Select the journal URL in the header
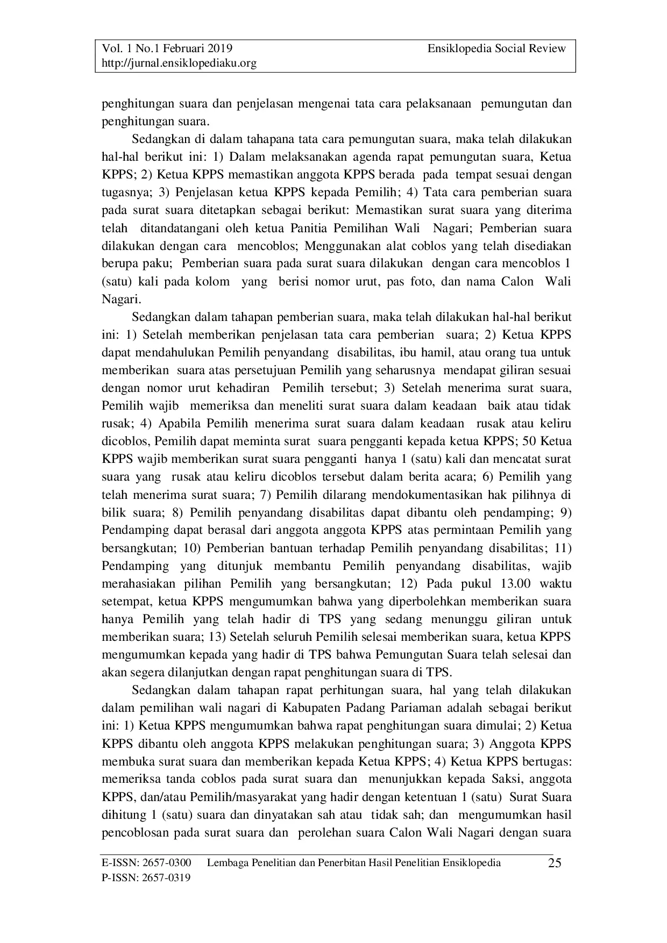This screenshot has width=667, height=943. pyautogui.click(x=179, y=63)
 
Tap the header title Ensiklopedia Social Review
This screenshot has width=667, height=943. pyautogui.click(x=496, y=48)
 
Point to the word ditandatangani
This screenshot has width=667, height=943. pyautogui.click(x=182, y=228)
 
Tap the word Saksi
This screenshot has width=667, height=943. pyautogui.click(x=506, y=779)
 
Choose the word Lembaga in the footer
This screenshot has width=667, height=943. pyautogui.click(x=225, y=863)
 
